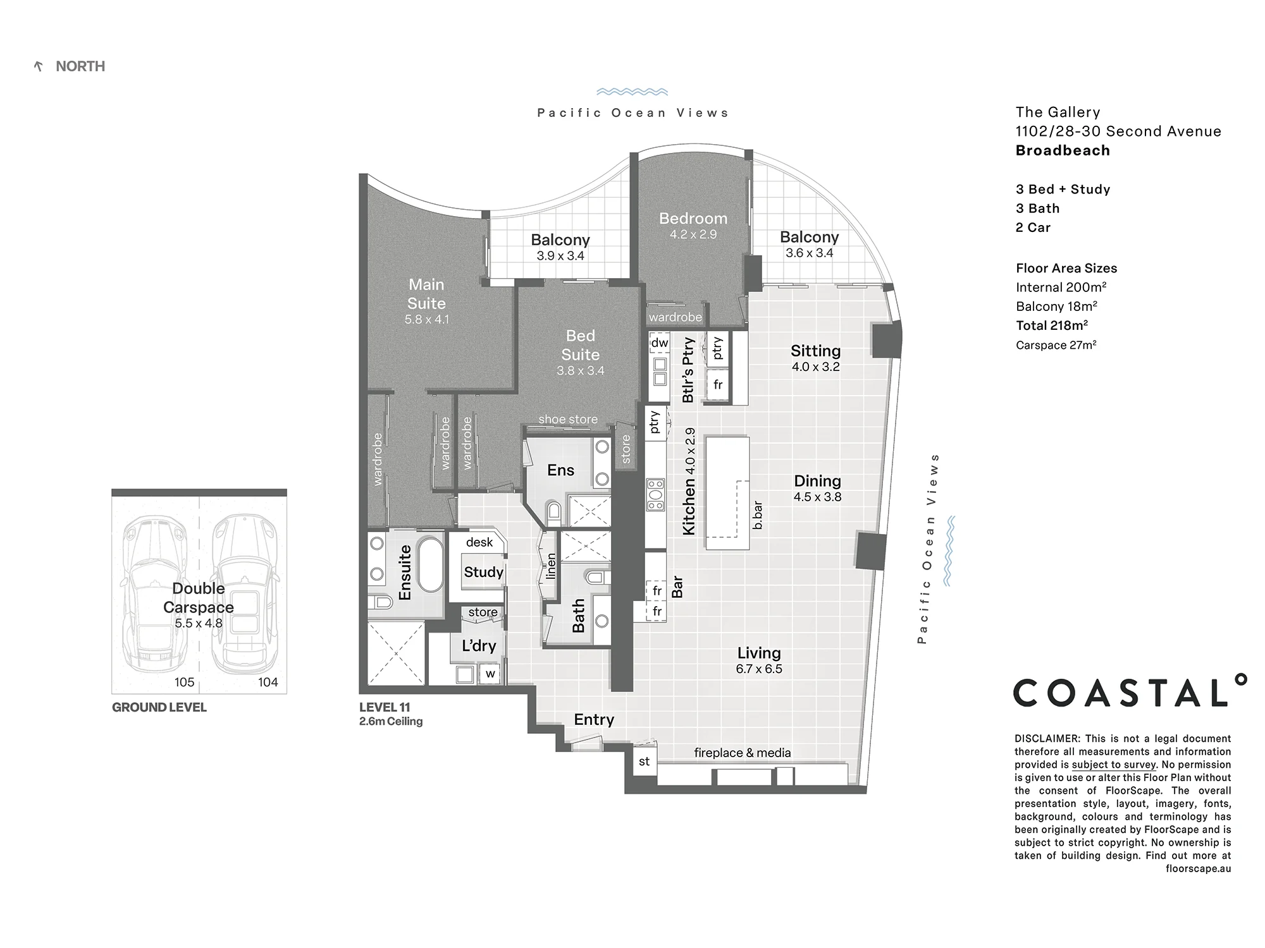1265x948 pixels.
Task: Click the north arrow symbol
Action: tap(39, 66)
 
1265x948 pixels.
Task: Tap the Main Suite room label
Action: tap(426, 294)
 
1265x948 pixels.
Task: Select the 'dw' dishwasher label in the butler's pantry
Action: tap(660, 343)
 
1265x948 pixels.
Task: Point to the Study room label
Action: tap(484, 572)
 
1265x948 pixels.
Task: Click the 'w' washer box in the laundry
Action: tap(490, 674)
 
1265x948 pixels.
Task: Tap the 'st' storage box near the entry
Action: tap(644, 762)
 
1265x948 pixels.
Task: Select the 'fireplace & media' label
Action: tap(743, 753)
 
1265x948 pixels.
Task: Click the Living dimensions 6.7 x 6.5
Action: tap(759, 669)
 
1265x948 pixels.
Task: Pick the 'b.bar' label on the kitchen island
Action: tap(758, 515)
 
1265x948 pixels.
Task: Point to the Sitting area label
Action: tap(816, 351)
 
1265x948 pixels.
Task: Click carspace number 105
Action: tap(185, 683)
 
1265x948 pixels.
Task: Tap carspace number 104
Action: tap(268, 683)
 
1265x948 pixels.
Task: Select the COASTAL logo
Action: tap(1130, 691)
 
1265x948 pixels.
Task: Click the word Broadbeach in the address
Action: tap(1063, 150)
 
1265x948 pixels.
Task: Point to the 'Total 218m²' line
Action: tap(1052, 325)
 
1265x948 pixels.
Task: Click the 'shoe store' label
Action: tap(568, 419)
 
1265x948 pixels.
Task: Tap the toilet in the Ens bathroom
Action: tap(553, 513)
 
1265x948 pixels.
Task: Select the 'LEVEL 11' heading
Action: tap(385, 707)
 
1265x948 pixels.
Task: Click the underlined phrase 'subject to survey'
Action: tap(1114, 765)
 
